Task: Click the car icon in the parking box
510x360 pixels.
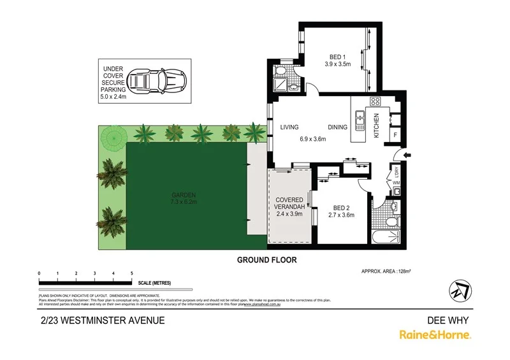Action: point(155,82)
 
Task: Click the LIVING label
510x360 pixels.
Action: point(289,127)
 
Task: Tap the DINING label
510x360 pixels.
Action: point(338,127)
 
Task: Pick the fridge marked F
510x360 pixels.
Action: point(395,135)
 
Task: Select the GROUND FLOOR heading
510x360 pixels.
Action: point(266,260)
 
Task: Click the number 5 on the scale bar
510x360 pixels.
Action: point(131,273)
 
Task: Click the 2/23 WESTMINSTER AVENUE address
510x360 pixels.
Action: point(102,320)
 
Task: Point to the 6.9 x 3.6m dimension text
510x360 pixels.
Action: point(314,139)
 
